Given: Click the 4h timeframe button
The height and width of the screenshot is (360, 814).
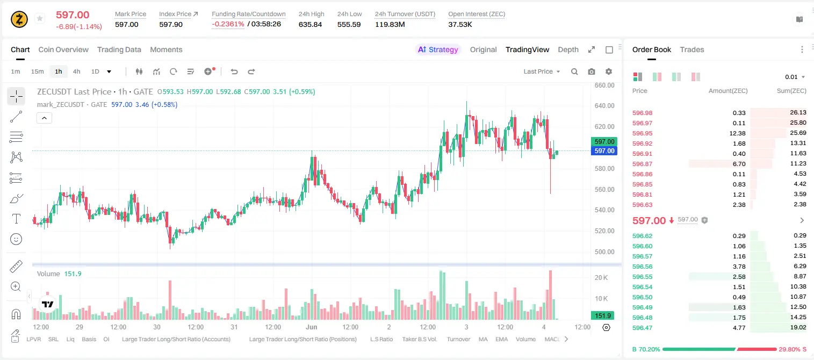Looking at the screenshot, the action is pyautogui.click(x=76, y=71).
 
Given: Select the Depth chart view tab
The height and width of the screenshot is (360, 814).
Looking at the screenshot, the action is pyautogui.click(x=568, y=50).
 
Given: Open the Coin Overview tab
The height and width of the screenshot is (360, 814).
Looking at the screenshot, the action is pyautogui.click(x=63, y=50).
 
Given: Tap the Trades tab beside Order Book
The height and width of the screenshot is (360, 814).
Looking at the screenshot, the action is pyautogui.click(x=692, y=50).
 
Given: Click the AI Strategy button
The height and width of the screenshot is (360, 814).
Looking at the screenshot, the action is pyautogui.click(x=438, y=50).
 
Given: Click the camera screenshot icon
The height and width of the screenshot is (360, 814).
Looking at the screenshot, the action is pyautogui.click(x=592, y=71).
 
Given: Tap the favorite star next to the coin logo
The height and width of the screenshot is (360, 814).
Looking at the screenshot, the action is pyautogui.click(x=40, y=18).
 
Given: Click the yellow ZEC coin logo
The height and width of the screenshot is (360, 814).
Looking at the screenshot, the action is pyautogui.click(x=19, y=19).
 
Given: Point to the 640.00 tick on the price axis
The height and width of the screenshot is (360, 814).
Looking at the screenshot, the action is pyautogui.click(x=604, y=106).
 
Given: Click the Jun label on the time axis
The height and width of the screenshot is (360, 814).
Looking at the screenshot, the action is pyautogui.click(x=312, y=327).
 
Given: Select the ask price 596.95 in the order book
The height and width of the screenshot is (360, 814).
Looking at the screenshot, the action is pyautogui.click(x=642, y=133).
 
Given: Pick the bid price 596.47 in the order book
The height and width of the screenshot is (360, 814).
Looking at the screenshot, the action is pyautogui.click(x=642, y=328).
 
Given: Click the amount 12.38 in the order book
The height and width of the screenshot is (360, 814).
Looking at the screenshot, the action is pyautogui.click(x=737, y=133).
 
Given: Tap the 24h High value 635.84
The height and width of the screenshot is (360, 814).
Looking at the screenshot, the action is pyautogui.click(x=311, y=24).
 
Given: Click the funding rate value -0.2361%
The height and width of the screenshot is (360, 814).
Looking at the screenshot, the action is pyautogui.click(x=228, y=24).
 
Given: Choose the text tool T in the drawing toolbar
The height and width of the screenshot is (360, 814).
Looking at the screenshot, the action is pyautogui.click(x=16, y=219).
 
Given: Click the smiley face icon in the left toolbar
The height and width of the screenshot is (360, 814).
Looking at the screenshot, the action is pyautogui.click(x=16, y=239).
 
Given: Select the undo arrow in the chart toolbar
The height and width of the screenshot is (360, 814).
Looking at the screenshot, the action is pyautogui.click(x=234, y=71).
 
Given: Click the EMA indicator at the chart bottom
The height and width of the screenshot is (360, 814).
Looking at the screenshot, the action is pyautogui.click(x=501, y=339).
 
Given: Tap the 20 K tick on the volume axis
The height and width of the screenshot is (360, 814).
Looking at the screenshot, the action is pyautogui.click(x=601, y=278).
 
